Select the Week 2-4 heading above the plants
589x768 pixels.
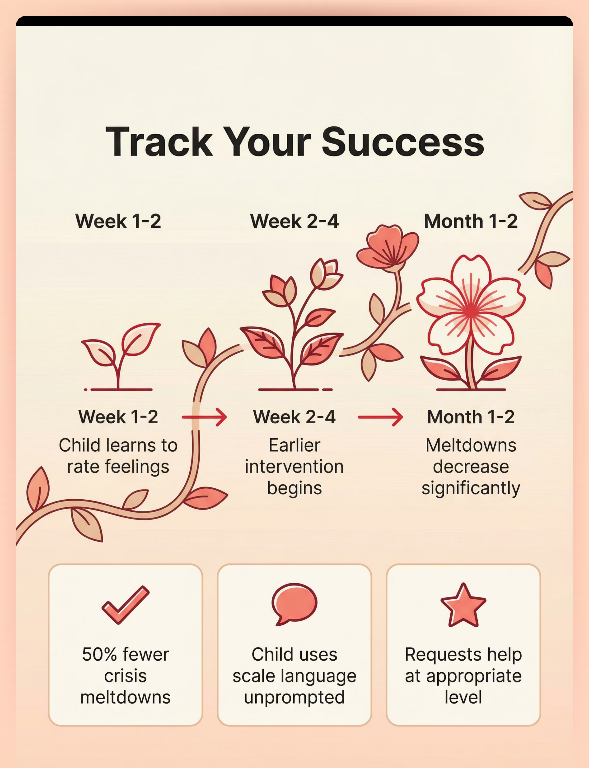[294, 221]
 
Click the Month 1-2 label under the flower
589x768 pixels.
[471, 417]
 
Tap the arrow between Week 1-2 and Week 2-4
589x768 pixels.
[204, 417]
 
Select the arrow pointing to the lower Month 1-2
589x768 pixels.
[380, 417]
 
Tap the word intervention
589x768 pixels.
[294, 467]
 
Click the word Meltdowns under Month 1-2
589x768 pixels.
[471, 445]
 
